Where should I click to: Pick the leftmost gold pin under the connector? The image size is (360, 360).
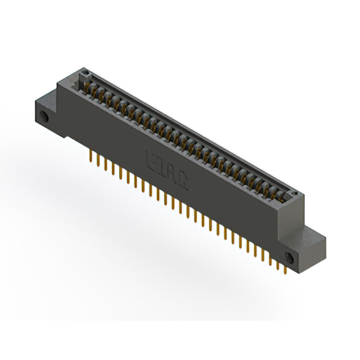coord(91,156)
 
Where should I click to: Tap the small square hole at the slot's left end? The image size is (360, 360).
coord(86,74)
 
